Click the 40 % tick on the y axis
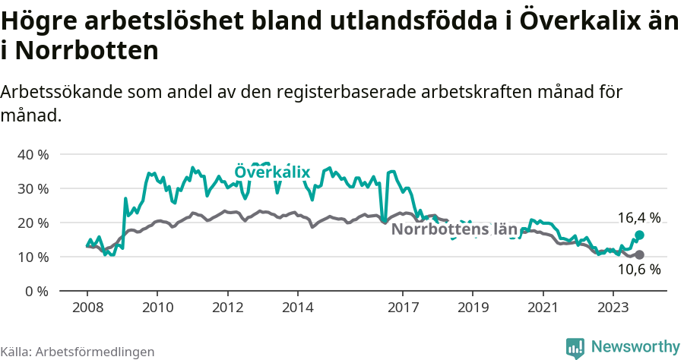point(33,154)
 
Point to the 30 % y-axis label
point(33,188)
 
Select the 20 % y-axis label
point(33,223)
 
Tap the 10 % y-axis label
point(33,257)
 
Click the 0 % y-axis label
point(36,291)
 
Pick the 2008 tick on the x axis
point(87,308)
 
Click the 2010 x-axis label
point(157,308)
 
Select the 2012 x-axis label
point(227,308)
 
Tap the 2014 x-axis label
point(298,308)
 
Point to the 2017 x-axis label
point(403,308)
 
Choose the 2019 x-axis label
point(473,308)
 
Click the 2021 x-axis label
point(543,308)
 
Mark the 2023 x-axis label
point(613,308)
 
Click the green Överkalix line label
point(272,172)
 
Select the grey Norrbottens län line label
point(454,229)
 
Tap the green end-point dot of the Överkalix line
point(639,235)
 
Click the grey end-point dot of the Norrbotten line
point(639,254)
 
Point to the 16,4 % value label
point(638,218)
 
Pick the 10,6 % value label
point(638,270)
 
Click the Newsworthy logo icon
point(575,347)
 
